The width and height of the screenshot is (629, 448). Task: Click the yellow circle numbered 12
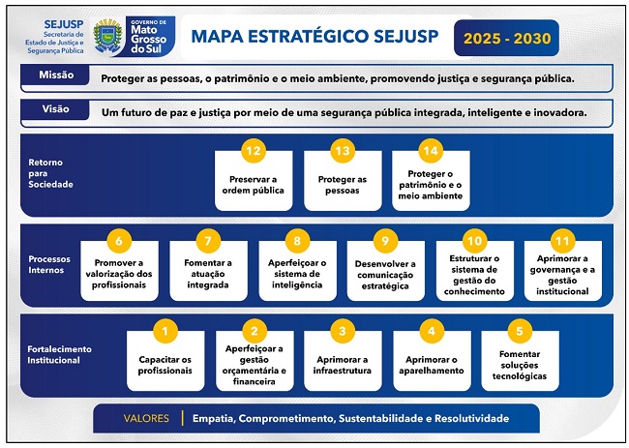[254, 151]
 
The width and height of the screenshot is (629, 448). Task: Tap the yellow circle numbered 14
[430, 151]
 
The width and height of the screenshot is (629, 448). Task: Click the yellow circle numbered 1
[165, 331]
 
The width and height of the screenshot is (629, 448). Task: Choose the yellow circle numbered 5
[520, 331]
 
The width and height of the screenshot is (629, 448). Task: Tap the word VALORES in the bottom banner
[146, 419]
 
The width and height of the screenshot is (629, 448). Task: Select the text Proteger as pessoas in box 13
[343, 185]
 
